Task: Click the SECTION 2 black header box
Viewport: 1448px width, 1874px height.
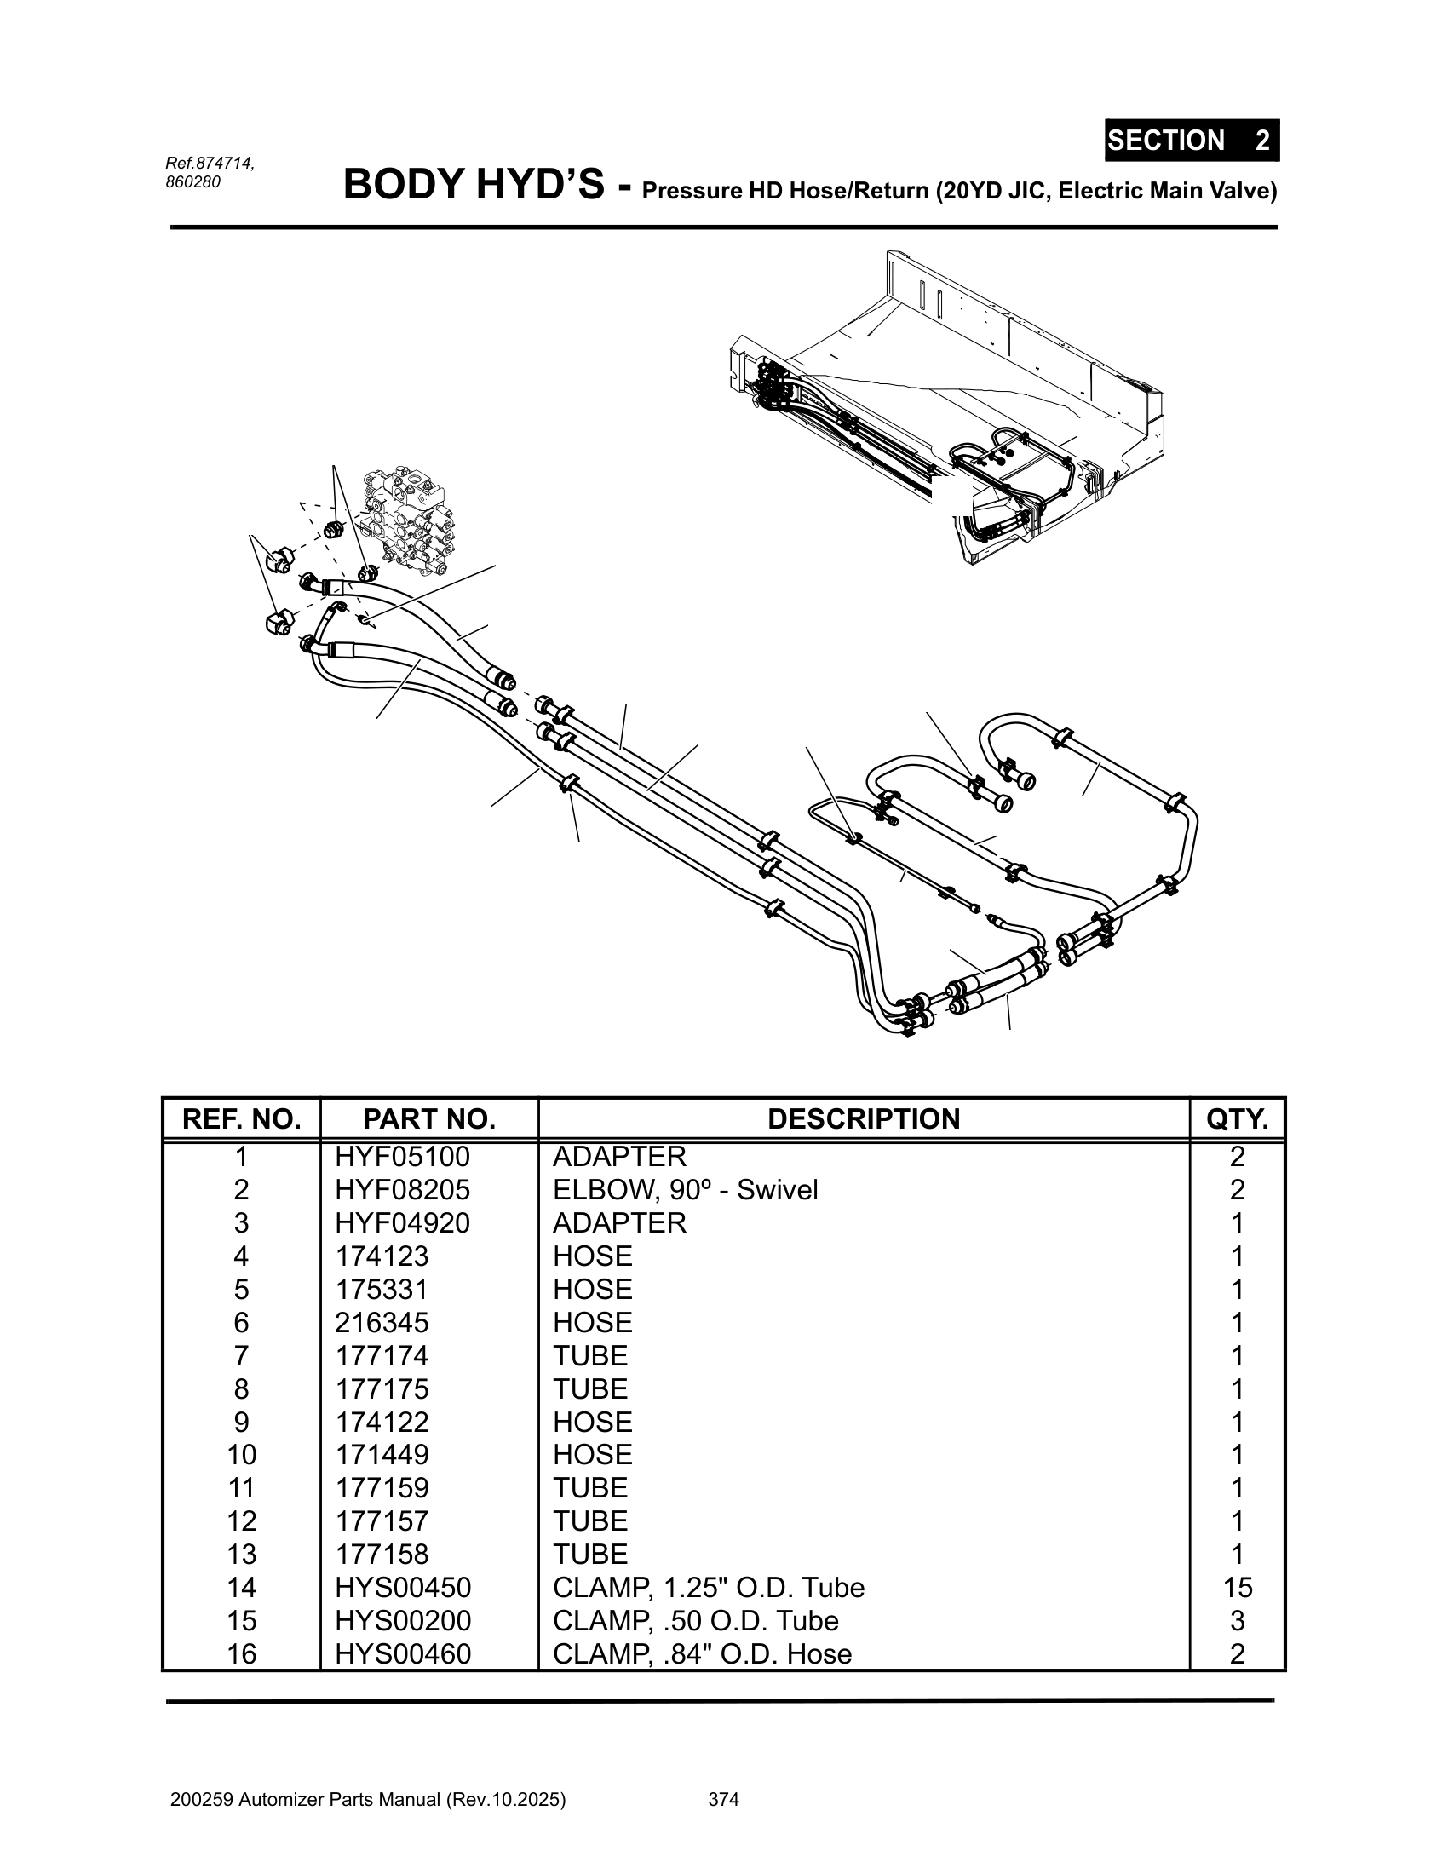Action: coord(1192,140)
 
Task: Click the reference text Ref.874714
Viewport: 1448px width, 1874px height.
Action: coord(210,163)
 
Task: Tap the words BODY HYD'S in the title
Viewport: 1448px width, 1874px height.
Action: coord(474,185)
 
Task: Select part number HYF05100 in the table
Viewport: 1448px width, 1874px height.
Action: coord(402,1157)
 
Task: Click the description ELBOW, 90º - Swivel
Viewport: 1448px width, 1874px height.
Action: coord(686,1190)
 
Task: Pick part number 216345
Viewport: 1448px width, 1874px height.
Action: coord(381,1322)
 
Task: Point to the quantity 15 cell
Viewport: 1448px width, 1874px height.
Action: coord(1237,1588)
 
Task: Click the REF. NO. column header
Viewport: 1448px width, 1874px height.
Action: coord(241,1119)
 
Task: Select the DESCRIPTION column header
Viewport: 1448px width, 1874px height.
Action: coord(864,1119)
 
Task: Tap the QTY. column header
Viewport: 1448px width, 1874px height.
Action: coord(1237,1119)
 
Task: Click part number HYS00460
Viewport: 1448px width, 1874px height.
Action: coord(403,1653)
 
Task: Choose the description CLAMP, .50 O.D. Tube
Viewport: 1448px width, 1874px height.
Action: coord(696,1621)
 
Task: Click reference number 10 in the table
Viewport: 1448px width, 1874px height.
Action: coord(242,1454)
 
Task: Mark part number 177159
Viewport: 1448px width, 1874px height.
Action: coord(381,1488)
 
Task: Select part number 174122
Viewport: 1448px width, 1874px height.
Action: coord(381,1422)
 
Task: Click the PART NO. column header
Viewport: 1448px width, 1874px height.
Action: coord(429,1119)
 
